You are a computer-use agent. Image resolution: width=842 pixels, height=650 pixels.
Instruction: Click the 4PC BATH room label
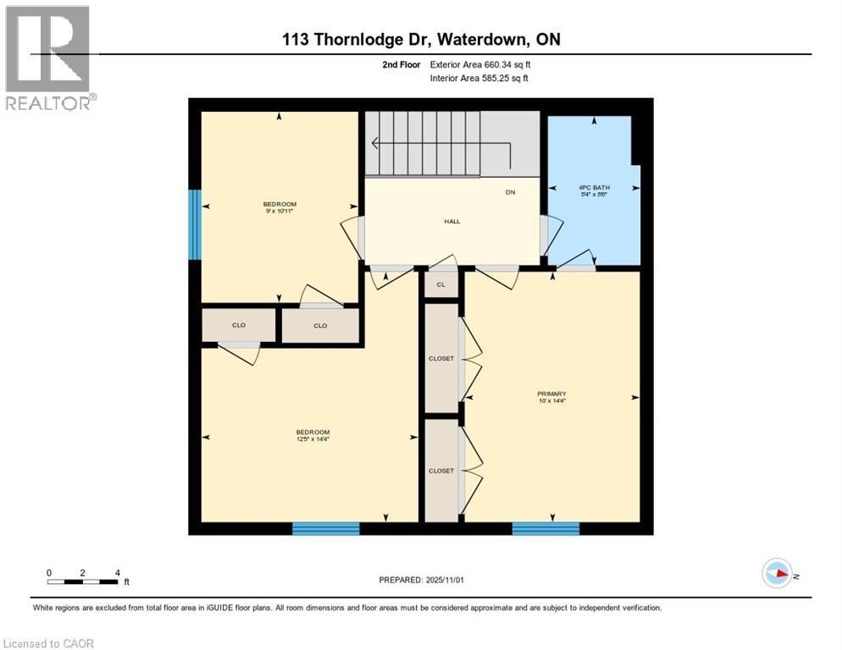[x=594, y=187]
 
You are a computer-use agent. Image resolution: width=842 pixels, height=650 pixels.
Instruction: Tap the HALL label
[x=451, y=221]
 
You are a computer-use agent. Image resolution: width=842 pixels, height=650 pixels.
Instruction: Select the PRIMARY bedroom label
[x=551, y=394]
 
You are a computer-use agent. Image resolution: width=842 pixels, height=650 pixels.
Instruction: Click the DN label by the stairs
[x=510, y=192]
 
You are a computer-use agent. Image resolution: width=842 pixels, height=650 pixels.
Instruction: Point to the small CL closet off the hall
[x=440, y=284]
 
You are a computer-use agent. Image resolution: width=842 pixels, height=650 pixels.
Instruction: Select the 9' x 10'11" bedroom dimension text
[x=279, y=211]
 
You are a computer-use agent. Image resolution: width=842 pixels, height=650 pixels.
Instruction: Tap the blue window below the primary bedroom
[x=546, y=529]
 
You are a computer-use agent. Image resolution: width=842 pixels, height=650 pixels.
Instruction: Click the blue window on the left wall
[x=195, y=224]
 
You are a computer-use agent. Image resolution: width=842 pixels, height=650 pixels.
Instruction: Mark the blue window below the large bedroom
[x=326, y=529]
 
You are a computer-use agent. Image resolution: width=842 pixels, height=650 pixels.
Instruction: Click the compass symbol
[x=777, y=574]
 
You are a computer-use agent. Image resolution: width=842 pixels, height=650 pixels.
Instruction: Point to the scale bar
[x=83, y=581]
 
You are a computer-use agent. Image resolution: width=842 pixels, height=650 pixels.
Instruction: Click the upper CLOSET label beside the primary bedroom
[x=440, y=358]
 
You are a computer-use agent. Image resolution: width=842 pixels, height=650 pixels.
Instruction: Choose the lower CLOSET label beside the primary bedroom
[x=440, y=471]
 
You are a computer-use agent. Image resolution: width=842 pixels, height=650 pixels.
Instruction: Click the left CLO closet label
[x=238, y=325]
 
